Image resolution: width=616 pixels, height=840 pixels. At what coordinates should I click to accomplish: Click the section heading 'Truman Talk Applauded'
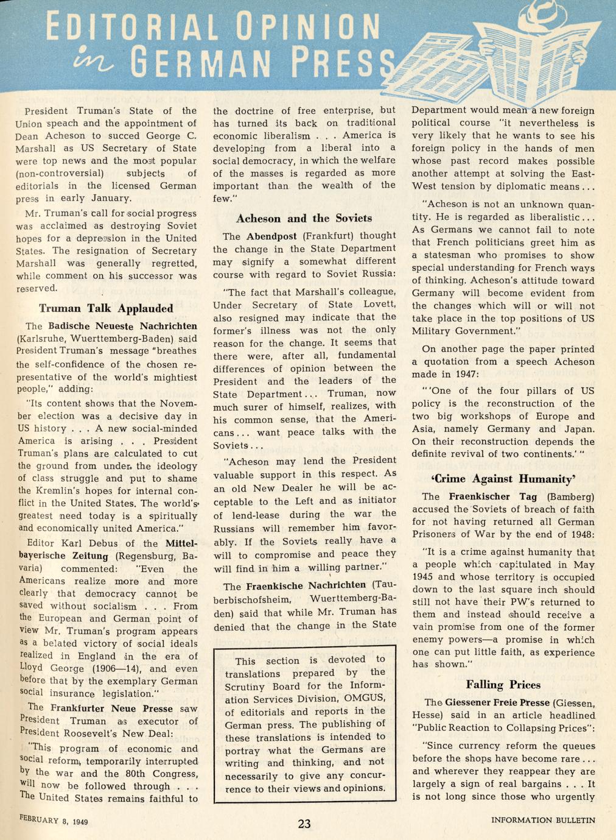[106, 308]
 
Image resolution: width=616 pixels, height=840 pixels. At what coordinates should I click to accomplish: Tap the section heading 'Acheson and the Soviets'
[304, 218]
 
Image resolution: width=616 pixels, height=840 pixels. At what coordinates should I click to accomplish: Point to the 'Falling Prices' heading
[503, 684]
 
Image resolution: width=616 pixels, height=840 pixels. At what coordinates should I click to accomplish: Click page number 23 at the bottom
[304, 824]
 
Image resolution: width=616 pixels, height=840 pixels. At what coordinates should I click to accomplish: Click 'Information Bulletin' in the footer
[543, 820]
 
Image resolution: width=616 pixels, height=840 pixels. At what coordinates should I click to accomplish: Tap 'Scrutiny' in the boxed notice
[245, 686]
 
